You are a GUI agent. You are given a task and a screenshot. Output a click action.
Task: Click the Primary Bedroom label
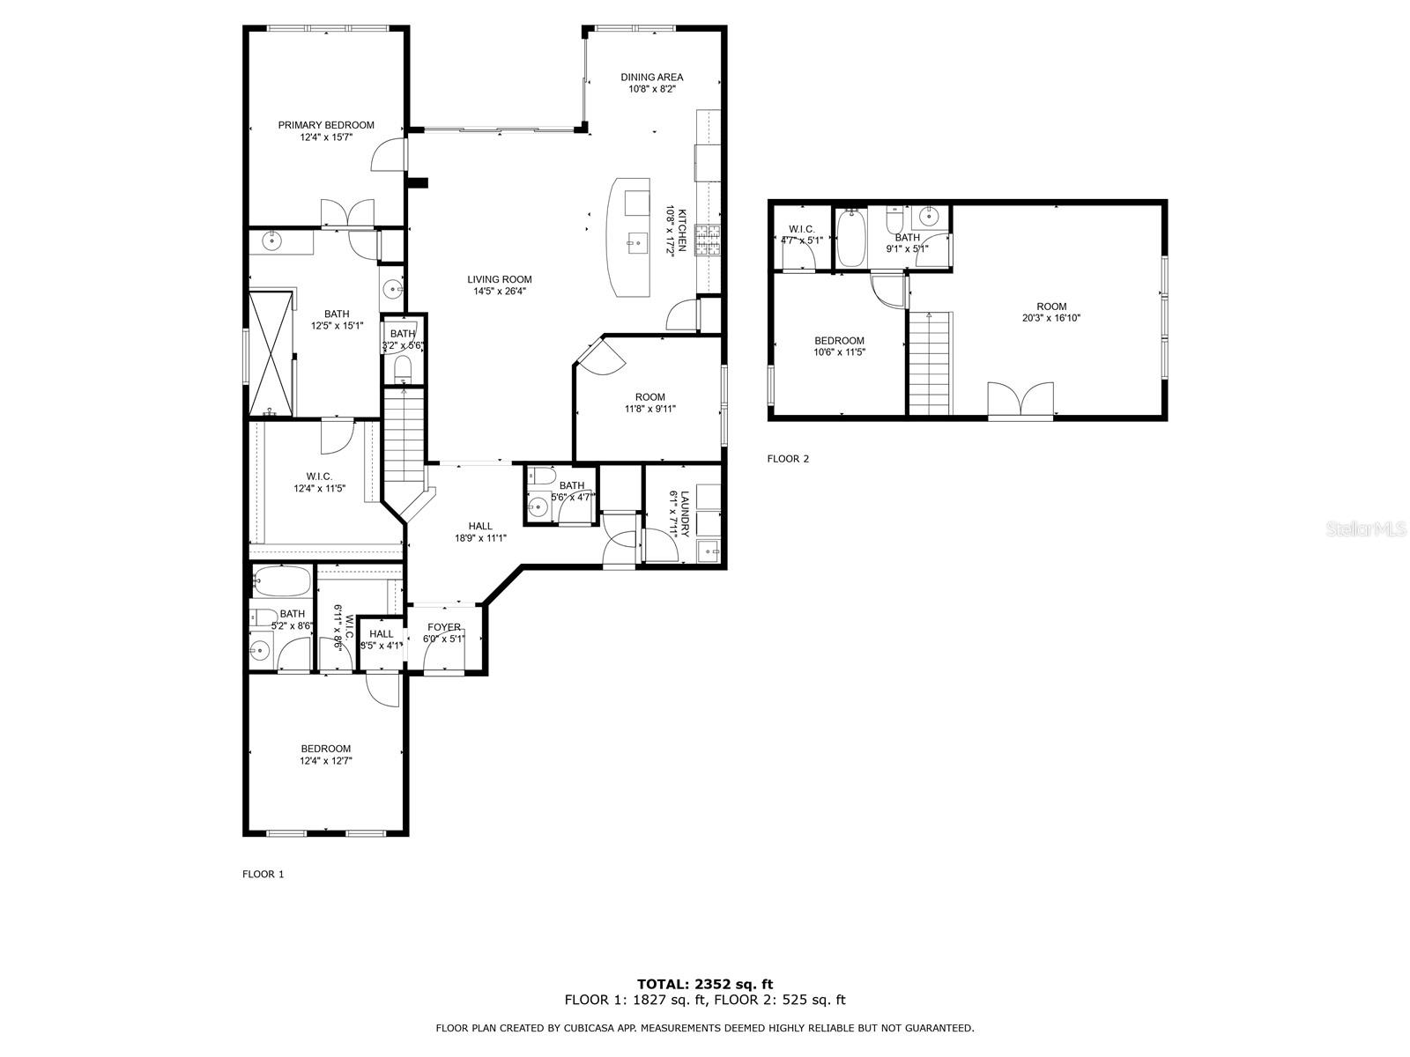click(x=326, y=125)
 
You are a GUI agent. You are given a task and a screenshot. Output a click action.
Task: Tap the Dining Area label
click(x=651, y=78)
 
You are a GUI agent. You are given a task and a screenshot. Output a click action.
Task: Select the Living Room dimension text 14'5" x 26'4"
click(x=500, y=292)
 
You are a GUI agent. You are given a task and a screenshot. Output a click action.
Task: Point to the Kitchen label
click(x=682, y=231)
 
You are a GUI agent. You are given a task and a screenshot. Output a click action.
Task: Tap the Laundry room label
click(x=684, y=514)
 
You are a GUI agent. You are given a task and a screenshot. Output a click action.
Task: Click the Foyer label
click(x=444, y=627)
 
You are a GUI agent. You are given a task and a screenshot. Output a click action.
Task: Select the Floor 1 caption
click(x=263, y=874)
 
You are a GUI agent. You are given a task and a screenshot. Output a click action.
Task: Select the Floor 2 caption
click(x=788, y=459)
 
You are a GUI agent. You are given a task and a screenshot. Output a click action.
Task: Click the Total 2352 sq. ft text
click(x=705, y=984)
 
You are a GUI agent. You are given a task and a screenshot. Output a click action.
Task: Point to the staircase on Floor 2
click(x=930, y=363)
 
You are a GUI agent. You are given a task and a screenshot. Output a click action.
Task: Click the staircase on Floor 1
click(x=404, y=435)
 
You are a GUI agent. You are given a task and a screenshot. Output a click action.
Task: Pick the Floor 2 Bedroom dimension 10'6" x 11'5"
click(x=839, y=352)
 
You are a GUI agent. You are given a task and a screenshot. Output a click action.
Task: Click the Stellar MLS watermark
click(x=1365, y=528)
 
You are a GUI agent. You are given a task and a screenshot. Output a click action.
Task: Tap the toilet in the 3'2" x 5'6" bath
click(x=402, y=369)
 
